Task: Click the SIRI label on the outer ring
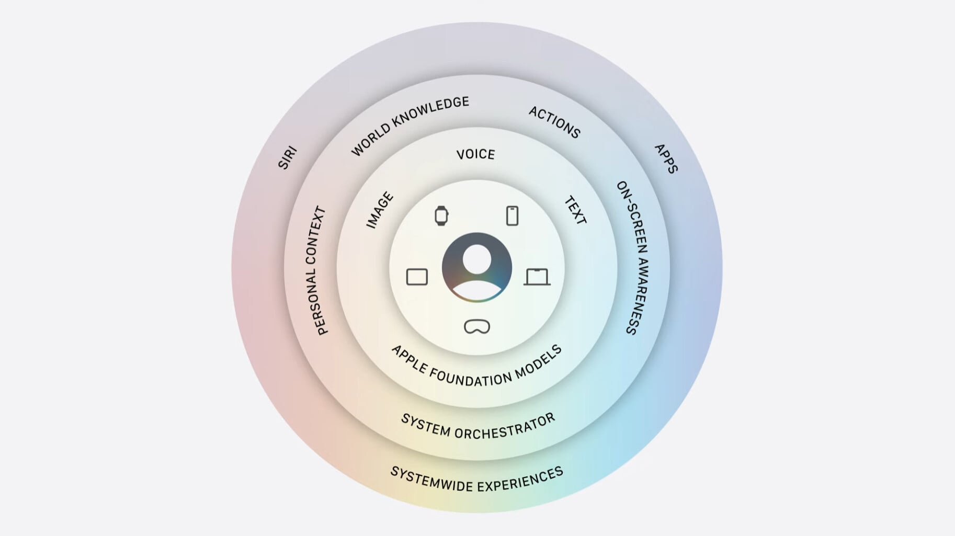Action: [x=287, y=158]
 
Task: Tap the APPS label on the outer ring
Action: [x=666, y=158]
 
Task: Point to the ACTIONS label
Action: [x=555, y=122]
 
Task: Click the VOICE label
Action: [x=475, y=154]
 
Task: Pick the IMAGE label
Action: [x=380, y=210]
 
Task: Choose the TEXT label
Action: [x=575, y=210]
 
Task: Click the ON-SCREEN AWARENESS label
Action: [x=632, y=258]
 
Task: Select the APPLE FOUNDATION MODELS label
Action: [x=476, y=368]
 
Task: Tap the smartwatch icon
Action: [x=441, y=215]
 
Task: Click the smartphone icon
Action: [x=513, y=215]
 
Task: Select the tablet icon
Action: [x=417, y=277]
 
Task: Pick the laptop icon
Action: [x=537, y=277]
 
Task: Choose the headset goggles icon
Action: [x=477, y=326]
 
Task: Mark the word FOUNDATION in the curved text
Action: [x=471, y=378]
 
